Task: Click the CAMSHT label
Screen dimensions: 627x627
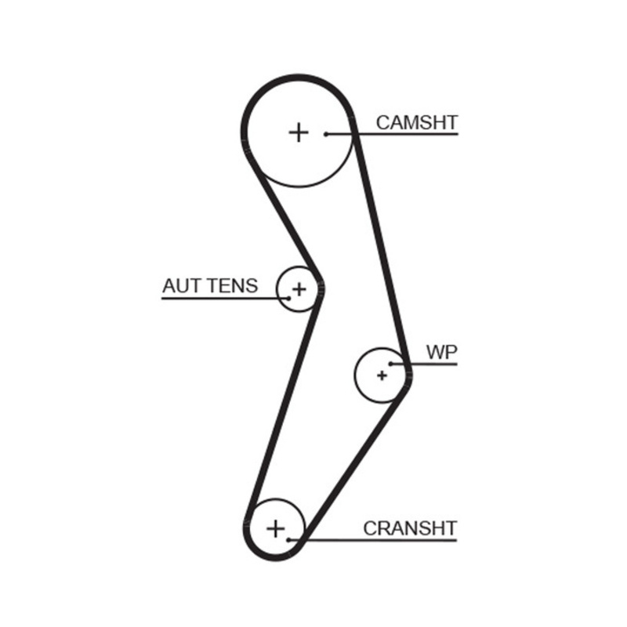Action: point(417,122)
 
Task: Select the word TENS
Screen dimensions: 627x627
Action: point(233,286)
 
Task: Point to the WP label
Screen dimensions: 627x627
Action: point(441,352)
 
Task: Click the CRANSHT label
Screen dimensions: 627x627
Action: point(410,528)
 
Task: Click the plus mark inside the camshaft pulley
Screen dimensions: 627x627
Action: point(299,132)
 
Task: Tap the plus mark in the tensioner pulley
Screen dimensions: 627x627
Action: point(299,288)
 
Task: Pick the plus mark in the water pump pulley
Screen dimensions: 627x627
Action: point(382,375)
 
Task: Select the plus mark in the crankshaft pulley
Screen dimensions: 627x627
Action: point(276,528)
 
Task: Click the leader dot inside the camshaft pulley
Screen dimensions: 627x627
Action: point(326,134)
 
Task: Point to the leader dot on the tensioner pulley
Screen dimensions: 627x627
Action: point(288,299)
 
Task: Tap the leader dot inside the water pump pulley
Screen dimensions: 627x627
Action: point(390,364)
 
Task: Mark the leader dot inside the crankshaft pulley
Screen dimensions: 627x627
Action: point(288,540)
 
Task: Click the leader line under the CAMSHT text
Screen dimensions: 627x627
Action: point(393,134)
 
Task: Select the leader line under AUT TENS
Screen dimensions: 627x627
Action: point(225,299)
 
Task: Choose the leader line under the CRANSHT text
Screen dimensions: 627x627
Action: point(373,540)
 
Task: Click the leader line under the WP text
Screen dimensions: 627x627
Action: point(424,364)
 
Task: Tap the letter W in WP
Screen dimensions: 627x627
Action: point(436,352)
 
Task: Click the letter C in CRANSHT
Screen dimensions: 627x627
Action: point(370,528)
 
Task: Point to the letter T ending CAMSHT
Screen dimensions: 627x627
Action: point(452,122)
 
